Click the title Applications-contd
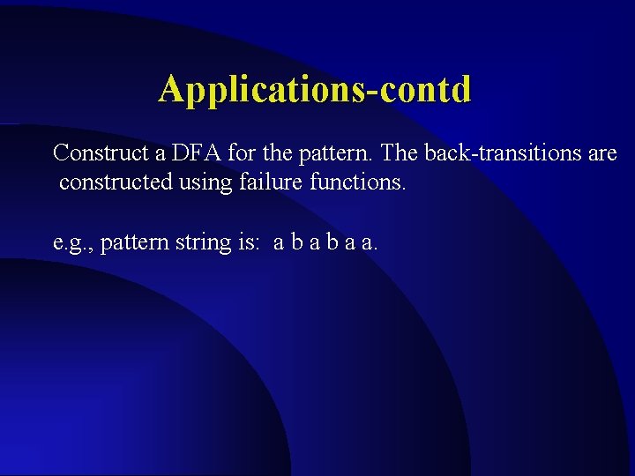click(315, 89)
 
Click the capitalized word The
click(401, 153)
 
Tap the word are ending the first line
click(601, 154)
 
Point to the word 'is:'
click(246, 242)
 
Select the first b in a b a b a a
click(298, 242)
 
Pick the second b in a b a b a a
click(335, 242)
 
